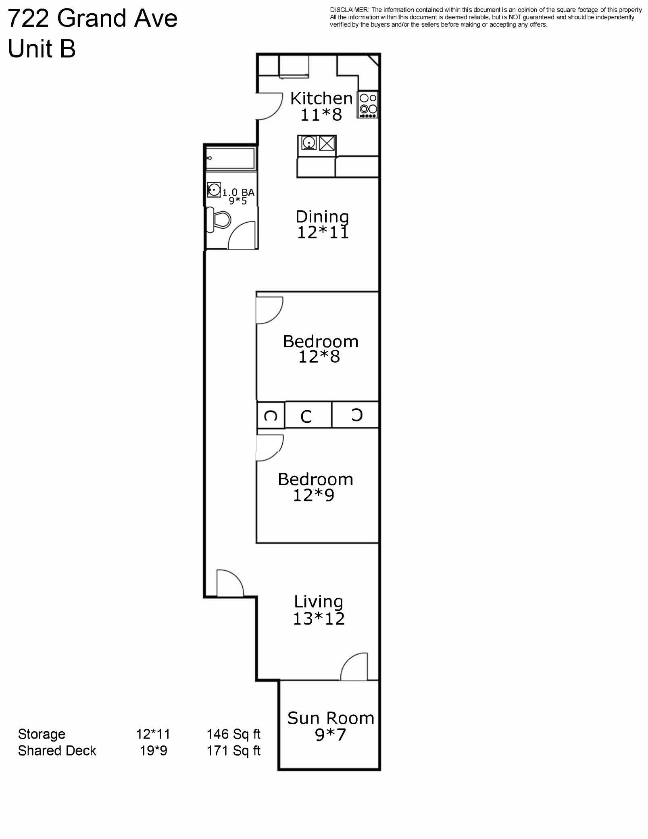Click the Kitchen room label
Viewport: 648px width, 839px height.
(321, 98)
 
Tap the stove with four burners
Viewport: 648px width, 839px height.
(368, 104)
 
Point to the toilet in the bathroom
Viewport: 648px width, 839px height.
(219, 220)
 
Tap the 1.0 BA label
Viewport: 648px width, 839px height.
(238, 192)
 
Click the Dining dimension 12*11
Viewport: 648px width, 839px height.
(323, 233)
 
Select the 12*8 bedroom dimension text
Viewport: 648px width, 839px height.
(319, 357)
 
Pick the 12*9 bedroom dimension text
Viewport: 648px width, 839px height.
(313, 495)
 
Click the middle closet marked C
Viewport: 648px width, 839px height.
(307, 416)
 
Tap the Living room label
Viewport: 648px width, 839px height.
(318, 602)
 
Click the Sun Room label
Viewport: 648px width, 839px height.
(331, 718)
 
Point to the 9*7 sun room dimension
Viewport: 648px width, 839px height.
(330, 735)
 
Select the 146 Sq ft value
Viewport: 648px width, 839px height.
(233, 734)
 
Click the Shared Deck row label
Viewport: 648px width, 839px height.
(57, 751)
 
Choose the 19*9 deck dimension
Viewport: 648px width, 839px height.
(153, 751)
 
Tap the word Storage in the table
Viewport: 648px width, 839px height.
(42, 734)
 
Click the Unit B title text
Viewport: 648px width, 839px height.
(42, 49)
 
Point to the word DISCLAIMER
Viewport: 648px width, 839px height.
(349, 10)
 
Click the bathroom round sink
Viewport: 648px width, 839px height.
(214, 189)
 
